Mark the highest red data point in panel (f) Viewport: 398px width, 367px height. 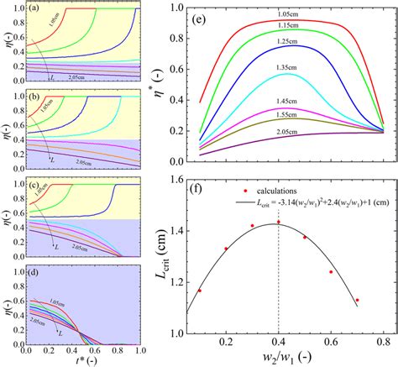click(279, 223)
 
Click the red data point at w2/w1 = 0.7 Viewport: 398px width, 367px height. click(357, 300)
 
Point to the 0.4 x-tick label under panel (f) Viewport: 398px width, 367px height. click(279, 342)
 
